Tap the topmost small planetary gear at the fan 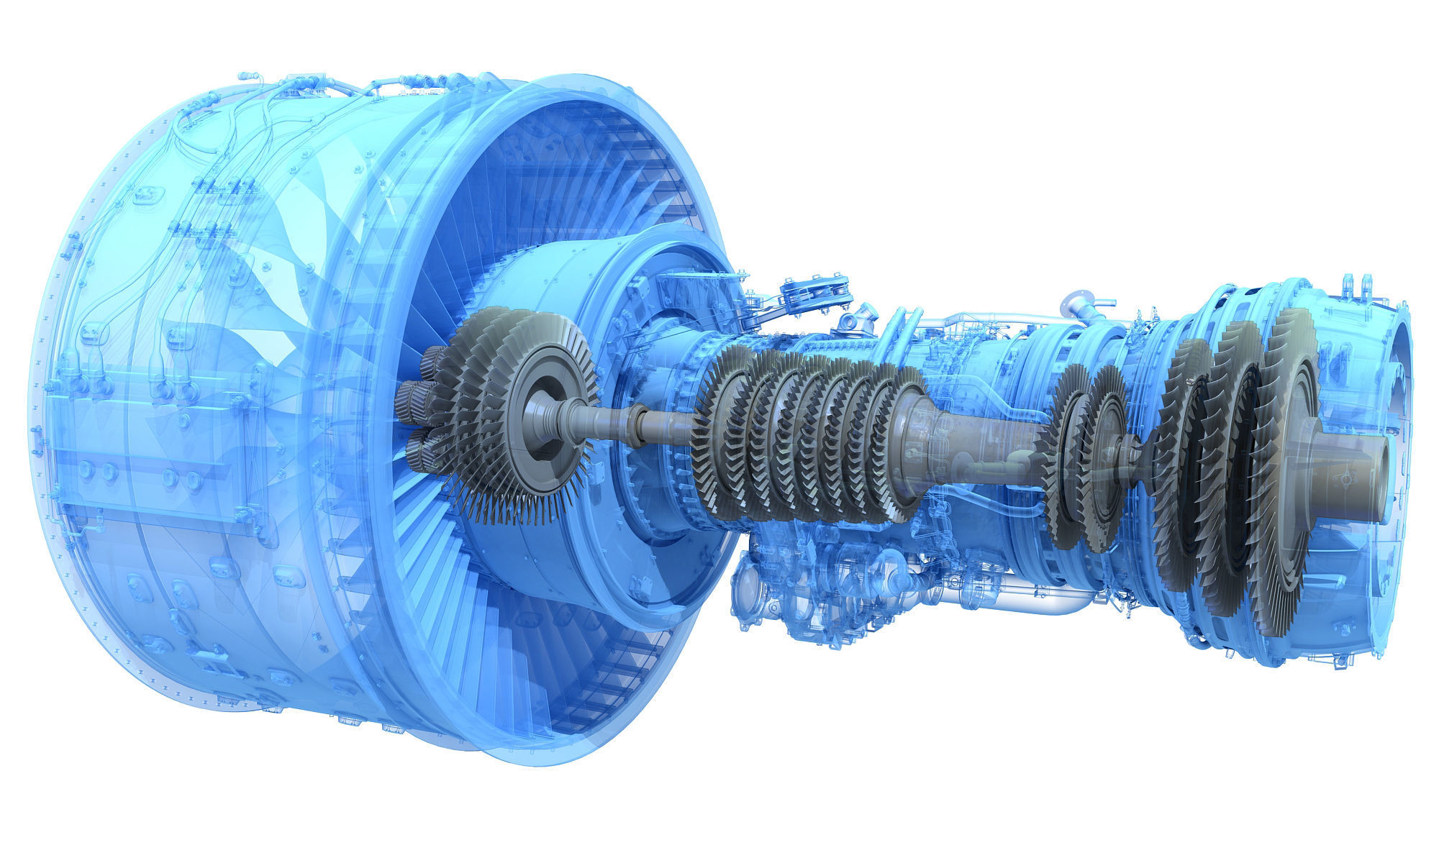click(434, 357)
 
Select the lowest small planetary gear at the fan click(417, 454)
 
